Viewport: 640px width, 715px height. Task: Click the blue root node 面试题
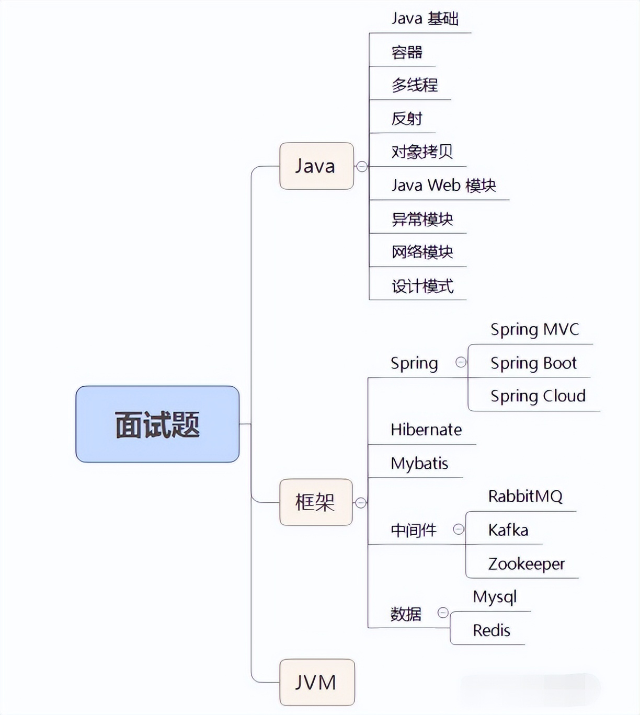157,424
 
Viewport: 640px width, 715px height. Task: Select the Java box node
316,166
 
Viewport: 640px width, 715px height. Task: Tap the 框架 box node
316,502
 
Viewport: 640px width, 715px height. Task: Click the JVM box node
317,682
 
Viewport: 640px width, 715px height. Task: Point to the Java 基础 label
425,19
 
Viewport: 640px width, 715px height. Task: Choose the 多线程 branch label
415,85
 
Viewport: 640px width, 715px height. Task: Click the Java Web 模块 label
443,185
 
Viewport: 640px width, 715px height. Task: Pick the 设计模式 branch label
422,286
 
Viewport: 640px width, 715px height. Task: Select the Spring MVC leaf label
534,329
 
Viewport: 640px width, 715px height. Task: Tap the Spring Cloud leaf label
538,396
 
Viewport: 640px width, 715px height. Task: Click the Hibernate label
426,430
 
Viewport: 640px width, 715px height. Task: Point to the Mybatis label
419,463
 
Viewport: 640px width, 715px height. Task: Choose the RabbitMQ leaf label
525,496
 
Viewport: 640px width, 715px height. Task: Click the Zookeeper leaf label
526,563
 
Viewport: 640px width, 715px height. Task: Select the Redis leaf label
491,630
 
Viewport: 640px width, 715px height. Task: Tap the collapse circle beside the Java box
362,166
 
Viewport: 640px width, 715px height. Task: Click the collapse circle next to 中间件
459,529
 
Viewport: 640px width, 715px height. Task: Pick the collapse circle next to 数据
443,613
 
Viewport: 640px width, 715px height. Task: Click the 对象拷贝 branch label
422,152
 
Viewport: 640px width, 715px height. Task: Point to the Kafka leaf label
508,530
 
